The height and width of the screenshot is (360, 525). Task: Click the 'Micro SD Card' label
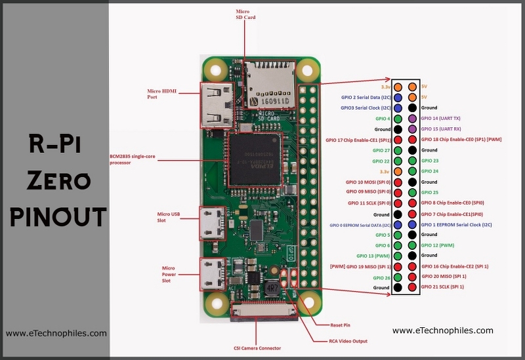point(245,14)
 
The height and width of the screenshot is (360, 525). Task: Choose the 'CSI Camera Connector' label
point(257,348)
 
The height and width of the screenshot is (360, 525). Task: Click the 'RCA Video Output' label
point(348,341)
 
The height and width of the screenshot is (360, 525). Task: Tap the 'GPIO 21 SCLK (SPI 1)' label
point(442,287)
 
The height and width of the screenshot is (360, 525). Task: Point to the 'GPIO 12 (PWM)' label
point(438,245)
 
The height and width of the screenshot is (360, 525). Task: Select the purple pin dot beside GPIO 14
point(412,118)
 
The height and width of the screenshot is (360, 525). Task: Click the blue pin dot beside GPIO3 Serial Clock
point(398,108)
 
